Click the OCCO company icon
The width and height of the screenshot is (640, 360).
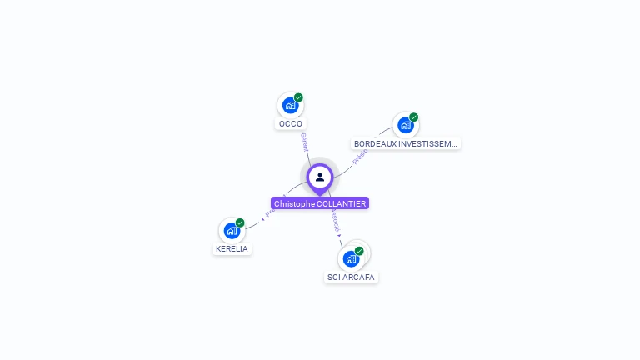(290, 105)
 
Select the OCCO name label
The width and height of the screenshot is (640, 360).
(291, 124)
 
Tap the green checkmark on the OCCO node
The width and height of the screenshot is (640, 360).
(298, 97)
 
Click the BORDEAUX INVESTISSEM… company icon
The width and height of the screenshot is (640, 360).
(405, 125)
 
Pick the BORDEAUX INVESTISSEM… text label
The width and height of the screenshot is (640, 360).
(406, 143)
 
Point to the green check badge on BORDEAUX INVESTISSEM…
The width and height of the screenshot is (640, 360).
(413, 117)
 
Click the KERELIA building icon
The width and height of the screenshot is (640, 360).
(232, 230)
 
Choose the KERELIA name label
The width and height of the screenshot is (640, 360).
(232, 249)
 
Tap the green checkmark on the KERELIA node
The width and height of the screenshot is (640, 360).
(240, 222)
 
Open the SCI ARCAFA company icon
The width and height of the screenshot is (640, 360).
(351, 258)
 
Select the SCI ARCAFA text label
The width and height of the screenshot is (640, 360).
(351, 277)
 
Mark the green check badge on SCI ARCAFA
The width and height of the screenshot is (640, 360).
(359, 251)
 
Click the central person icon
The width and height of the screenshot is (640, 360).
(320, 177)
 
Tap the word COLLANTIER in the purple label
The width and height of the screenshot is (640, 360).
(342, 203)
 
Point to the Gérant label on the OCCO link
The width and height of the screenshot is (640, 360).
(305, 141)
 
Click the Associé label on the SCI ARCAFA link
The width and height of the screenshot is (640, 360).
(334, 221)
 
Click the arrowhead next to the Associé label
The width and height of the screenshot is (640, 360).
(339, 236)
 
